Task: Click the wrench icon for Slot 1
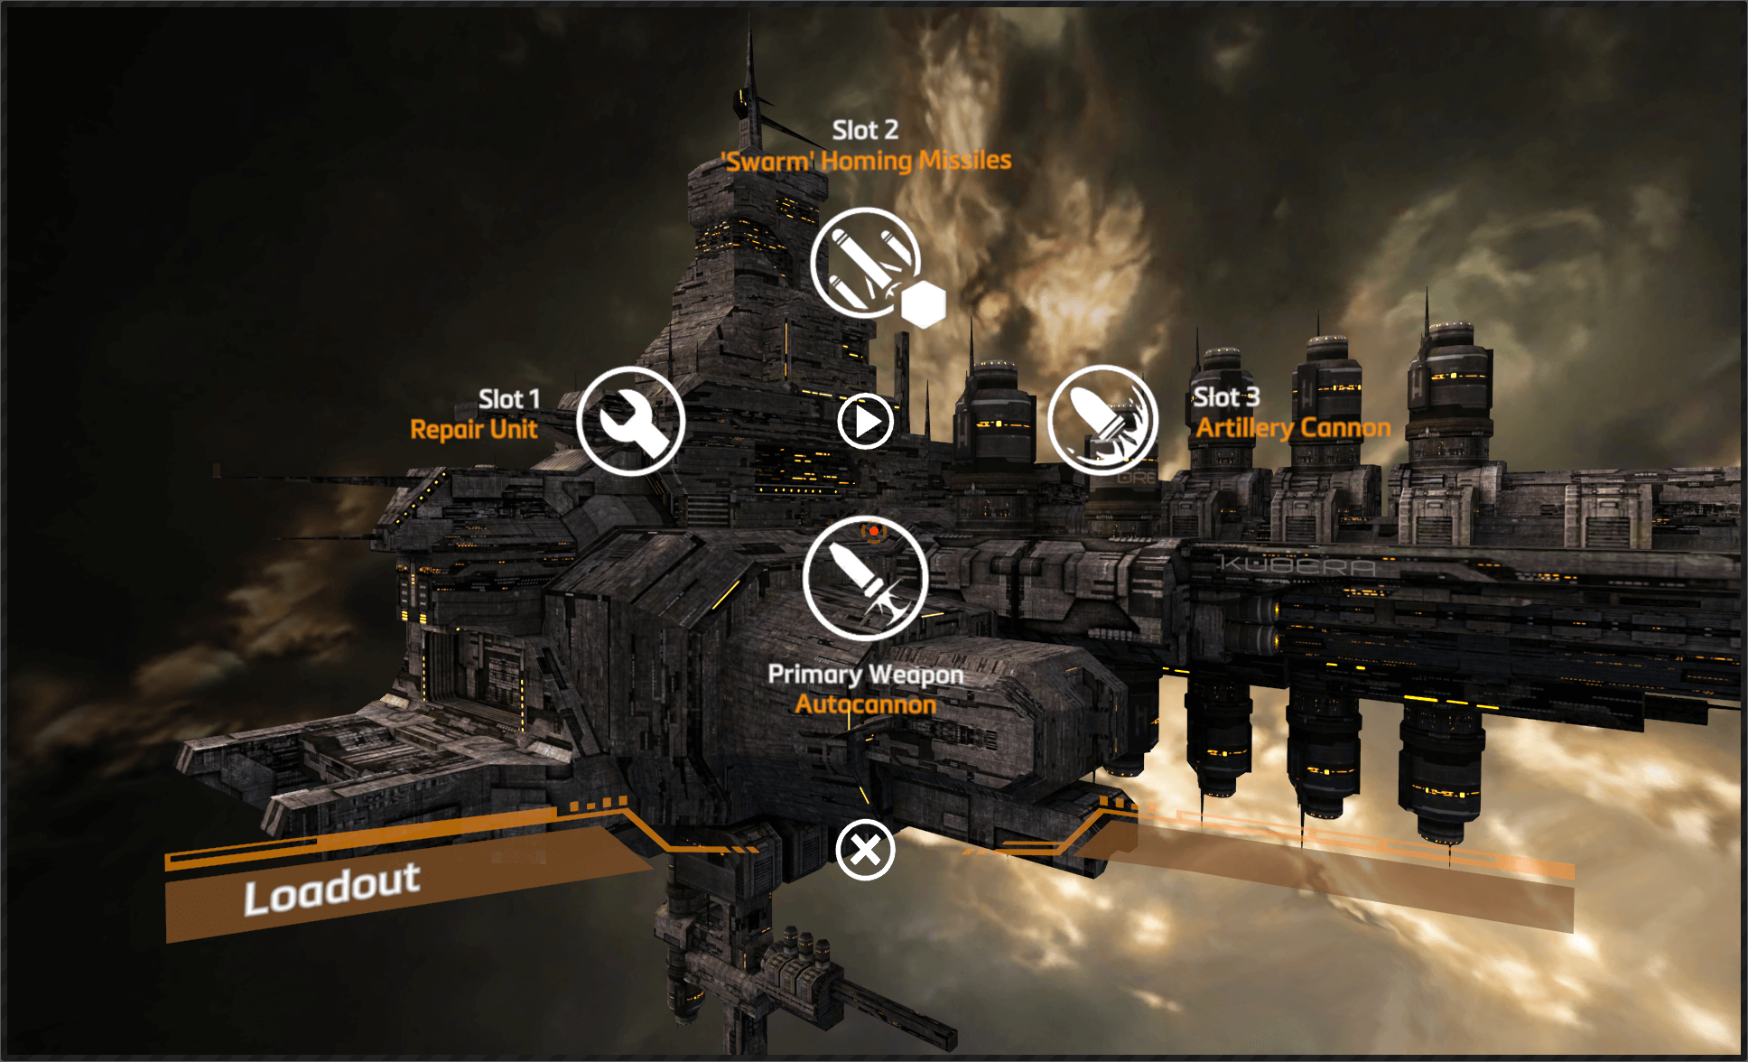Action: [x=630, y=421]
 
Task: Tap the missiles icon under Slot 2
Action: [x=865, y=262]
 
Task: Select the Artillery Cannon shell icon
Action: [x=1102, y=420]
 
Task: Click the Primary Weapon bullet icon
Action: [x=865, y=579]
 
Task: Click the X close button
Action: [x=865, y=850]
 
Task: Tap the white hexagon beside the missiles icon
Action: [x=923, y=304]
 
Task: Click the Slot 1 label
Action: [x=509, y=399]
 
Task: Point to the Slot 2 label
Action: [x=865, y=130]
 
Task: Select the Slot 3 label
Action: [x=1226, y=397]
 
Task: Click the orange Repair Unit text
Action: [x=474, y=429]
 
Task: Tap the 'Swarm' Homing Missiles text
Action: [x=867, y=161]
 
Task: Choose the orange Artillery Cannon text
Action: [x=1294, y=427]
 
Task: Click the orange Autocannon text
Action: [x=866, y=703]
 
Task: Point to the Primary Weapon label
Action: [x=866, y=675]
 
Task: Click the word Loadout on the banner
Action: [x=332, y=889]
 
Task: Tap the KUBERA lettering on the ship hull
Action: [x=1297, y=566]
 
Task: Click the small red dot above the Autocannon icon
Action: [x=874, y=531]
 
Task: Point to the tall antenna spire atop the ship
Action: [x=749, y=86]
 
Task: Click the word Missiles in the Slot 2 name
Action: [x=965, y=160]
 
